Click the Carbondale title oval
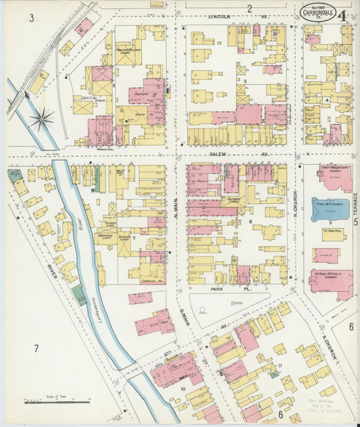(317, 13)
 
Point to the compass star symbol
(41, 120)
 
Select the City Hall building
(155, 323)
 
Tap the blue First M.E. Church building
(330, 209)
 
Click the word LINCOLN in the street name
(220, 16)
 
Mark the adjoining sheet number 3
(32, 18)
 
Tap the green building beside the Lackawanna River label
(80, 295)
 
